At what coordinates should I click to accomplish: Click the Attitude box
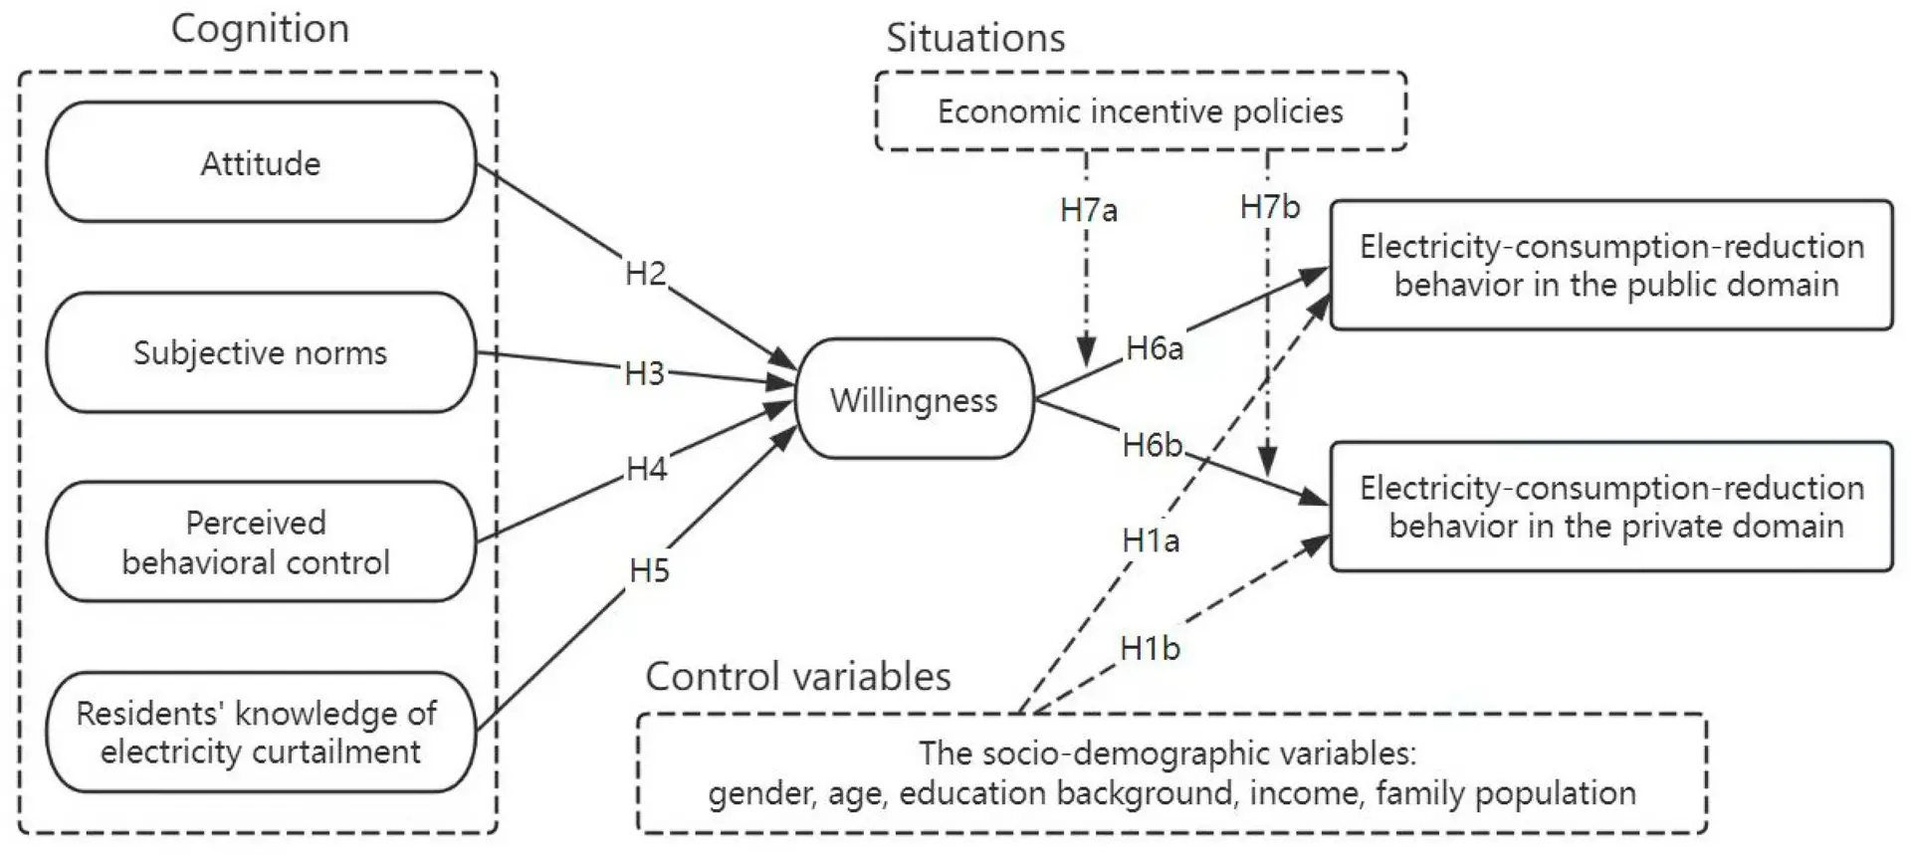click(261, 162)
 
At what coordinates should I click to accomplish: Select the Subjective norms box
click(261, 352)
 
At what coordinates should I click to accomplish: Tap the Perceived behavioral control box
click(261, 541)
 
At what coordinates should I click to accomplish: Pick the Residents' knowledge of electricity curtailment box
click(261, 732)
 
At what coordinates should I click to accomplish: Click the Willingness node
click(915, 399)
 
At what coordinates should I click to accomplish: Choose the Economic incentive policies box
click(1141, 110)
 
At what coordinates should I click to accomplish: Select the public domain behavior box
click(1611, 265)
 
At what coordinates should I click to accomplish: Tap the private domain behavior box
click(1611, 507)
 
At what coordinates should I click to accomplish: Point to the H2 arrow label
click(646, 273)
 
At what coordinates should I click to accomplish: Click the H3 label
click(645, 373)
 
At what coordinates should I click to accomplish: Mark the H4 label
click(647, 469)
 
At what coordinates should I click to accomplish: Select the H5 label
click(650, 570)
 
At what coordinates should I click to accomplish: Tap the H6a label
click(1155, 348)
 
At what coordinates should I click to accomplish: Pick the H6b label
click(1153, 445)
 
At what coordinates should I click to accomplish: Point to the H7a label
click(1089, 210)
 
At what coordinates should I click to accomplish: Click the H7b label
click(1270, 207)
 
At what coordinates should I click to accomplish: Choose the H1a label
click(1151, 540)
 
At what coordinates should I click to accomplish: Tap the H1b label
click(1150, 648)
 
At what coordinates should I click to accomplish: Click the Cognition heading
click(260, 29)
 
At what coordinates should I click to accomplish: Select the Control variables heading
click(798, 677)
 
